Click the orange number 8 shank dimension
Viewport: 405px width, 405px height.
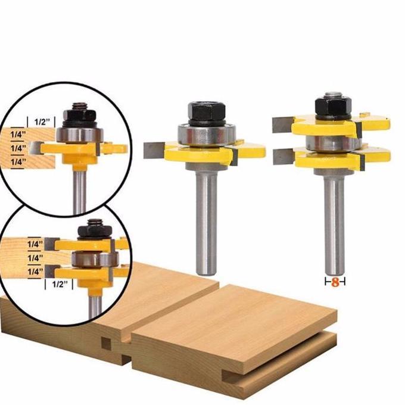click(335, 282)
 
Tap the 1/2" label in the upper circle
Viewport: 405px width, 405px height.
click(41, 121)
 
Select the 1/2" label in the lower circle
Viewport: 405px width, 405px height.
click(60, 284)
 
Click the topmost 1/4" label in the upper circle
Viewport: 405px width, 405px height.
click(18, 135)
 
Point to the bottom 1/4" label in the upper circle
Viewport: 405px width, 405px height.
click(18, 162)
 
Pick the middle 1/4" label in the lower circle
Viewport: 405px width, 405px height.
click(35, 258)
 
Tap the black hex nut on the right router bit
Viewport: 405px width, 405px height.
click(333, 105)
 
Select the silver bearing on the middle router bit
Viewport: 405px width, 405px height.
click(207, 135)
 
